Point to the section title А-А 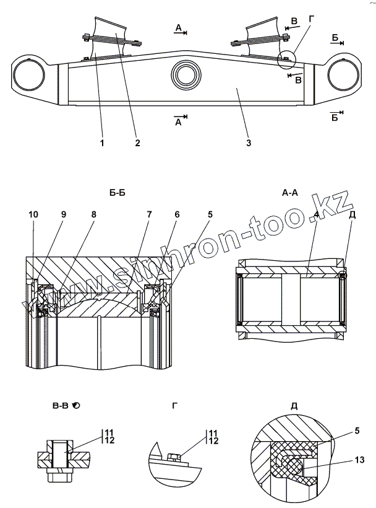click(x=290, y=193)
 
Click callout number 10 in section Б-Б click(x=33, y=214)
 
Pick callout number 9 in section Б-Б click(x=63, y=214)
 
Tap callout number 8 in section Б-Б click(x=93, y=214)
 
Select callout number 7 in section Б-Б click(x=148, y=214)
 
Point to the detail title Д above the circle click(x=293, y=406)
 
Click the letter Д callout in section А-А click(x=352, y=214)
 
